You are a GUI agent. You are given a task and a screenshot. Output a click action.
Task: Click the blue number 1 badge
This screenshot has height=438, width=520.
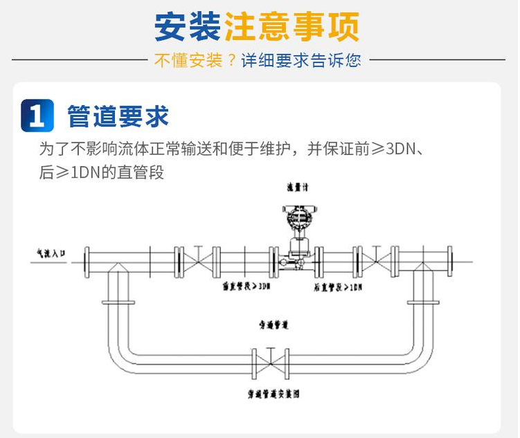coord(37,115)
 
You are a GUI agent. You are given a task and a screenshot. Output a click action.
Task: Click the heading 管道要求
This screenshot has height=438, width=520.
coord(118,116)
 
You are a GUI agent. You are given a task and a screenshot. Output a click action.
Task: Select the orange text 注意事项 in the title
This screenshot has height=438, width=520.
coord(291,27)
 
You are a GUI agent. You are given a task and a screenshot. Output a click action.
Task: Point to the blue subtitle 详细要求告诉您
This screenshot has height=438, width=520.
coord(301,60)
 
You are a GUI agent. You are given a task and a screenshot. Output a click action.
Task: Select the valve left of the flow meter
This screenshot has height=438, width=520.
coord(199,262)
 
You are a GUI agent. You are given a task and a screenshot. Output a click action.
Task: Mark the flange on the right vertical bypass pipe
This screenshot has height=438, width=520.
coord(423,302)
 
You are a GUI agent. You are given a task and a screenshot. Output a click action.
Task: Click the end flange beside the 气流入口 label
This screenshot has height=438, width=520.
coord(87,262)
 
